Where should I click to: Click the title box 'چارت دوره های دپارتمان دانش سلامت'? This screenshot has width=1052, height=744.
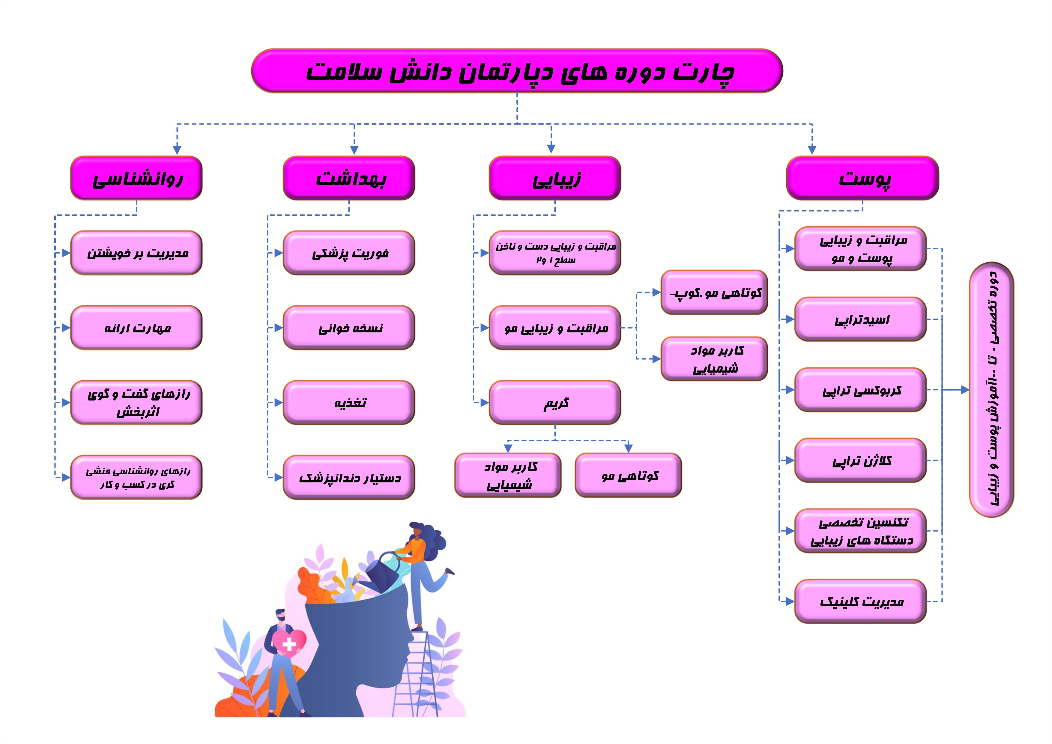pos(517,70)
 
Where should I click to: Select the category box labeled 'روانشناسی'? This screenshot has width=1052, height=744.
pos(136,178)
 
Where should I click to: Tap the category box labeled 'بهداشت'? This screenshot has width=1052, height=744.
pos(349,178)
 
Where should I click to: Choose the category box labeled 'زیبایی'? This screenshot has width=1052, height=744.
pos(555,178)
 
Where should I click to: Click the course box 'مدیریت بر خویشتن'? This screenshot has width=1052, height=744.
pos(136,253)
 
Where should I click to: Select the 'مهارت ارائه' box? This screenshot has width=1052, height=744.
pos(136,328)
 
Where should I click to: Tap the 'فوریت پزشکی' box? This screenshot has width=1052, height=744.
pos(349,253)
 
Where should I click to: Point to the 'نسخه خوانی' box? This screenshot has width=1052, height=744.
pos(349,328)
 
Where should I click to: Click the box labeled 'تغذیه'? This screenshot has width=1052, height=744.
pos(349,403)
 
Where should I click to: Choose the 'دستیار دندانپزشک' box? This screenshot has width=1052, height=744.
pos(349,477)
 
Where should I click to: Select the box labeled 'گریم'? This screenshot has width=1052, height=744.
pos(555,403)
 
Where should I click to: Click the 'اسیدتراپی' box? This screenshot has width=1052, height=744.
pos(860,319)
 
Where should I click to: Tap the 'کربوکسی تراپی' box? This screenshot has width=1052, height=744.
pos(860,390)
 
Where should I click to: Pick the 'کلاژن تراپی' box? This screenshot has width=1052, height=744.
pos(860,460)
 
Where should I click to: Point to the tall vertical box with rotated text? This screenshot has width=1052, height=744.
pos(991,390)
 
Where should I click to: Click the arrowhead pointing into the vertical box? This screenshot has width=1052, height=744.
pos(965,390)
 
